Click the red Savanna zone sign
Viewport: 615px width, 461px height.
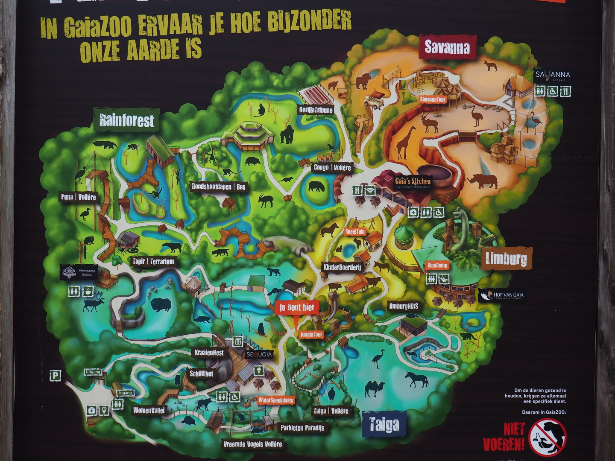(447, 48)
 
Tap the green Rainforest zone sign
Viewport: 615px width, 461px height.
(126, 120)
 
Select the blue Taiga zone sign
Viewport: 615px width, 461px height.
(383, 424)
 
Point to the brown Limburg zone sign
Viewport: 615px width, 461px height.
(507, 259)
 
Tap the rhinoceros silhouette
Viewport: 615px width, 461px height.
(483, 181)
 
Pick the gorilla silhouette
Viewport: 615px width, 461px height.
(287, 135)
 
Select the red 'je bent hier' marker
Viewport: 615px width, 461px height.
(297, 307)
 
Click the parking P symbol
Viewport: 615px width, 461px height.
(55, 376)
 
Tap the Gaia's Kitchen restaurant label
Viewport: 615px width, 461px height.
(413, 182)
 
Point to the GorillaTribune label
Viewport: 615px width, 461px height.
(316, 110)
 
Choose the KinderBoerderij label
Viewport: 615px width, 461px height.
(342, 267)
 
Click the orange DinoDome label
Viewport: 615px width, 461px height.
(438, 266)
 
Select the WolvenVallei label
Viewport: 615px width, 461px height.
(149, 411)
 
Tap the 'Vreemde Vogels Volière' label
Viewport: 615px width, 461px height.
(253, 444)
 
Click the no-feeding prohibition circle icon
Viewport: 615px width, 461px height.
(548, 437)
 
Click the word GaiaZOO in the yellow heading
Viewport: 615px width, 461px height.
(98, 26)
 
